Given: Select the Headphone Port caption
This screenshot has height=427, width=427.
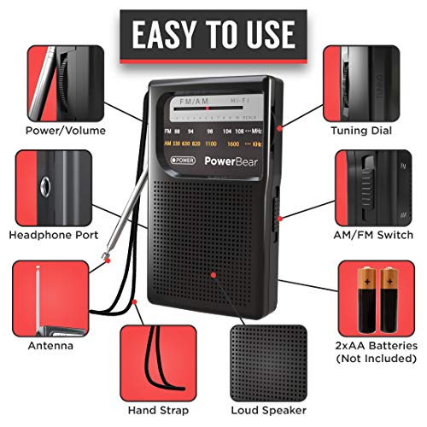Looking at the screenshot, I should pos(53,234).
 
